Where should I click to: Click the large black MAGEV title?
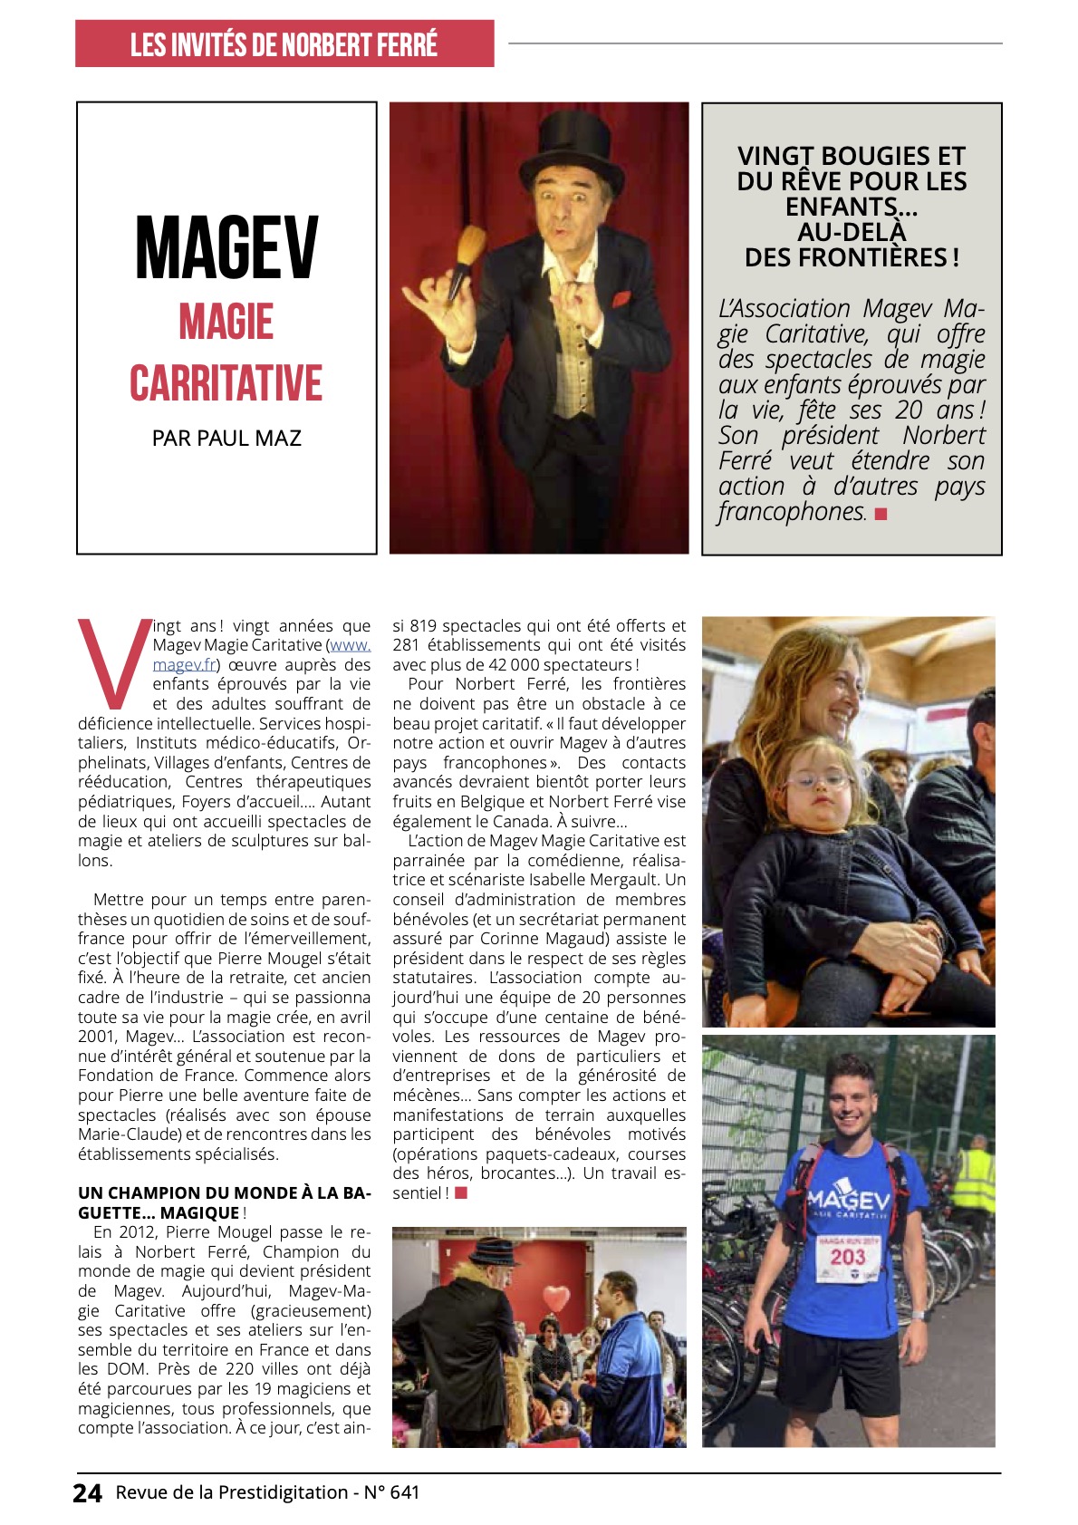(226, 248)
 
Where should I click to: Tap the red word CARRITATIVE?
(226, 382)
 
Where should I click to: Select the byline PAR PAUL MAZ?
(226, 439)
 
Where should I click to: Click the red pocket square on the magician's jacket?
(620, 299)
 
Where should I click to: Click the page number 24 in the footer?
(88, 1493)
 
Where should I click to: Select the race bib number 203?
(847, 1257)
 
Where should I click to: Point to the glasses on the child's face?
(818, 779)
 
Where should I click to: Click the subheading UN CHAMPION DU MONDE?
(224, 1193)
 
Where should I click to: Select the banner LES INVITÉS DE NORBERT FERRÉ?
(284, 43)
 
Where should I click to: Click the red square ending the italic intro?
(881, 514)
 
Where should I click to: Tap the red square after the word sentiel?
(461, 1193)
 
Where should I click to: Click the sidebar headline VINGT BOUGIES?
(852, 207)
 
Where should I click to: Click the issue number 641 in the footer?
(404, 1492)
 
